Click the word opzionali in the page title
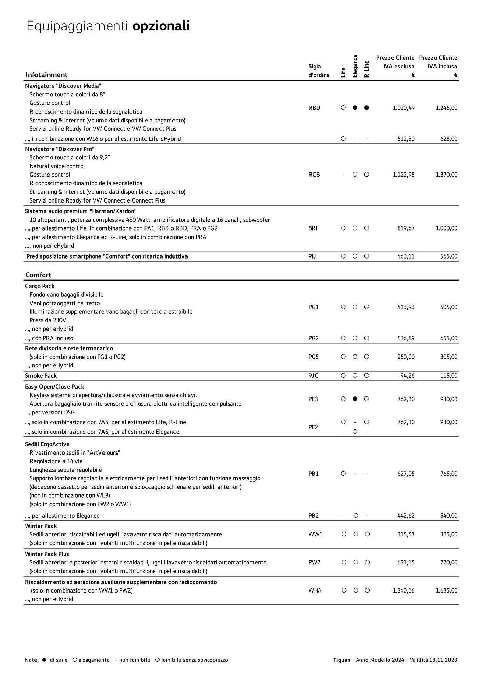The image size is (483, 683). [x=161, y=26]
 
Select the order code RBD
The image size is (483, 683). [x=314, y=108]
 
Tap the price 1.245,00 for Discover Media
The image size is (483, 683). [x=446, y=108]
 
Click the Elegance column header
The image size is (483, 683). [x=355, y=66]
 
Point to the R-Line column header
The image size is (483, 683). [x=367, y=69]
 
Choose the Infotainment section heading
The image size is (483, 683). [x=46, y=75]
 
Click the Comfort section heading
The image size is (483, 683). [x=38, y=275]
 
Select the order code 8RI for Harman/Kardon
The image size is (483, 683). [x=313, y=228]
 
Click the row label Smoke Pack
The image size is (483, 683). [x=41, y=376]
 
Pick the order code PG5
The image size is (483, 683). [x=314, y=357]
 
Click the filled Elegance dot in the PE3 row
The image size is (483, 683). [x=355, y=399]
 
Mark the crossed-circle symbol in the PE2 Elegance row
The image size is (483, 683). [x=355, y=432]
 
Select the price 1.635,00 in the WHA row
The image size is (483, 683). [x=446, y=590]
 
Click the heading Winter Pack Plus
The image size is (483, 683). [x=47, y=554]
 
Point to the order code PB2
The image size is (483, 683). [x=314, y=516]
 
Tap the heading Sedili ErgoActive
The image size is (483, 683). [x=47, y=444]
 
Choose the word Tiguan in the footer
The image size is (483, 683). [x=342, y=660]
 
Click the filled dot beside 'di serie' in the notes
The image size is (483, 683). [x=44, y=660]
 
